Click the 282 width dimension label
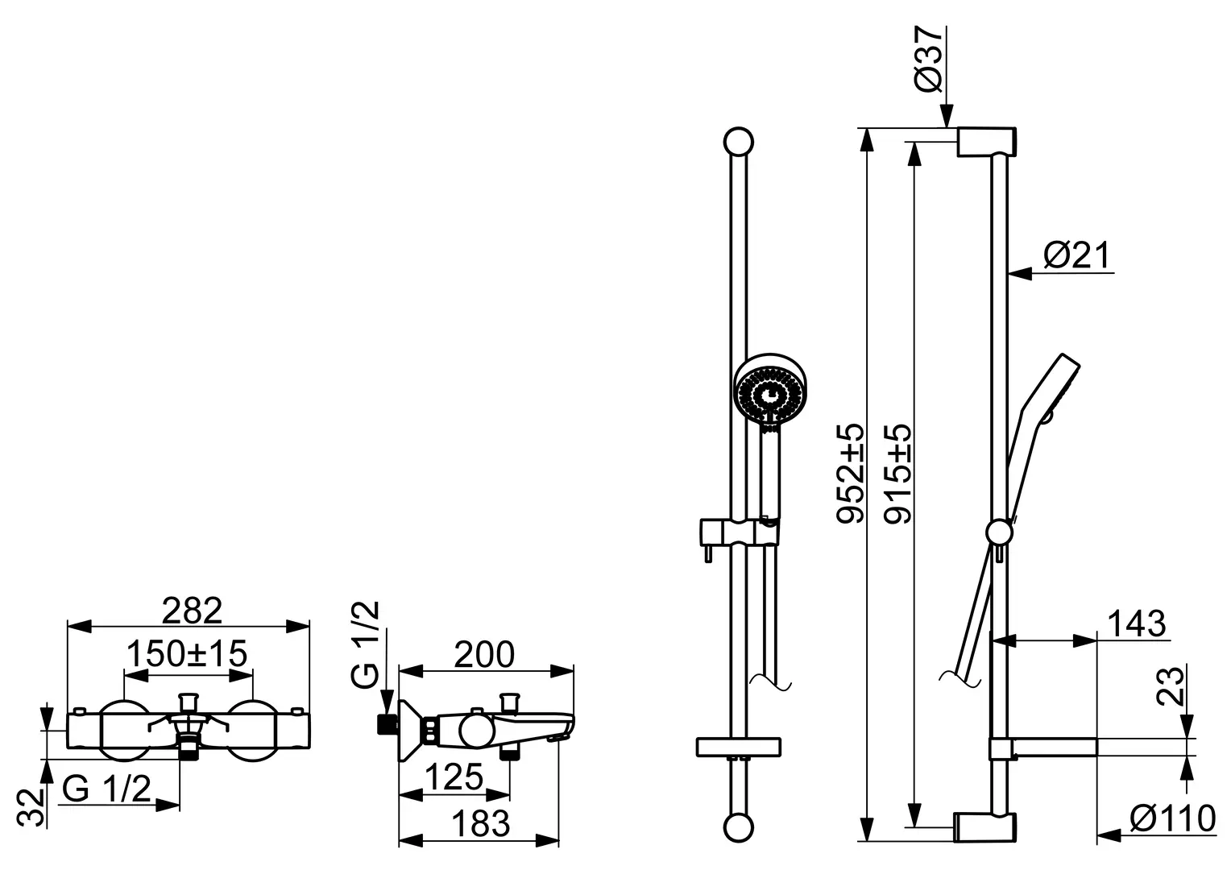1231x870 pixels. [192, 610]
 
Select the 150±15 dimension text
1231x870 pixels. [187, 653]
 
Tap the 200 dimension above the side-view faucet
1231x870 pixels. [484, 655]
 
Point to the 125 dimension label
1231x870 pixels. [454, 777]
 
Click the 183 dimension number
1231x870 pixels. [481, 824]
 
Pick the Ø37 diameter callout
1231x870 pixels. [930, 60]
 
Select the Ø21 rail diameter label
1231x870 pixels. [1077, 255]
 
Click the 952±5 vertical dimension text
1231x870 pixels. [851, 474]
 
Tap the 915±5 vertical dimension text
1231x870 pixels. [897, 474]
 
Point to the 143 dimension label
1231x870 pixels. [1137, 623]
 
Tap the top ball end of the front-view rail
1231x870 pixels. [739, 143]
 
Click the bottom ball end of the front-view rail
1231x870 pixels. [739, 827]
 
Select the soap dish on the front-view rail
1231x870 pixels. [738, 748]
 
